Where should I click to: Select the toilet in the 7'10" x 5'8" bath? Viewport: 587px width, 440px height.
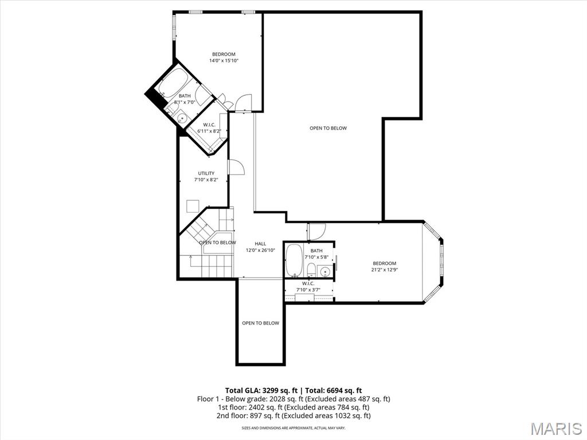tap(311, 270)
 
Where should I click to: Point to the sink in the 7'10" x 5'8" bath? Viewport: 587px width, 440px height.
tap(325, 272)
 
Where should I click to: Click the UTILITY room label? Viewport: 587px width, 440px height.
tap(206, 173)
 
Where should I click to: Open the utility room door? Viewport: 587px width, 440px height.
tap(236, 167)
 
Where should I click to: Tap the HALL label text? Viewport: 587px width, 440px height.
tap(260, 244)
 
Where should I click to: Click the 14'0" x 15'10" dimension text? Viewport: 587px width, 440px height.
tap(224, 60)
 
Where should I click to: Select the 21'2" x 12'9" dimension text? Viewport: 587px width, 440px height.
tap(384, 270)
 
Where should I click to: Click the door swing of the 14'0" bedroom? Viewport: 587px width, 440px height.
tap(243, 102)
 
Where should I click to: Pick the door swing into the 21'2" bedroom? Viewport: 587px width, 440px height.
tap(316, 231)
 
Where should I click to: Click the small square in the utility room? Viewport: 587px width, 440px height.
tap(193, 206)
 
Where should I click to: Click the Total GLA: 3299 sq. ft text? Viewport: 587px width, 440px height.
tap(258, 390)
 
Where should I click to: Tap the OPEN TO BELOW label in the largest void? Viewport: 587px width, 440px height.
tap(328, 128)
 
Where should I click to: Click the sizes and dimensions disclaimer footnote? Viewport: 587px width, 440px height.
tap(293, 428)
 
